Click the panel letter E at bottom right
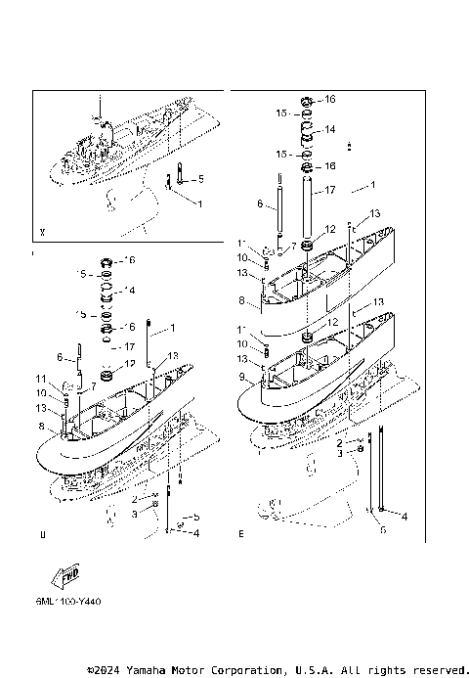(240, 535)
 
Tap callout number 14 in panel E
(330, 129)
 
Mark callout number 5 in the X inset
(201, 180)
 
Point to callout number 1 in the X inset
(200, 203)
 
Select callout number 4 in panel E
(405, 516)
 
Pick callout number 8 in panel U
(41, 427)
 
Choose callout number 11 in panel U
(41, 379)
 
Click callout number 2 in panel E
(339, 443)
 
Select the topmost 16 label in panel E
(329, 100)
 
